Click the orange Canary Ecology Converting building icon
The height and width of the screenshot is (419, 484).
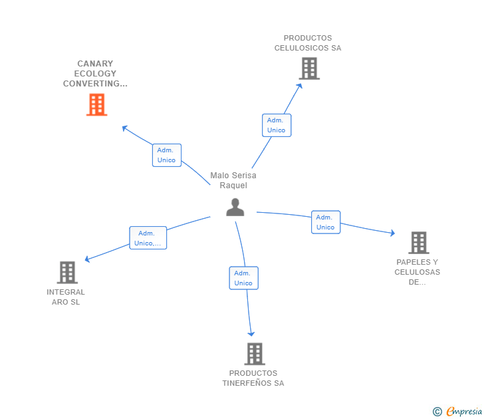pos(96,104)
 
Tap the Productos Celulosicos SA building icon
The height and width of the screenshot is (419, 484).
pos(308,69)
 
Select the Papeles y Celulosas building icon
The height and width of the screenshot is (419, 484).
pos(418,243)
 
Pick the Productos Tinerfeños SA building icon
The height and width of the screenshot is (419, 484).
pos(254,354)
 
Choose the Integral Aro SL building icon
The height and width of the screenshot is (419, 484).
pos(66,272)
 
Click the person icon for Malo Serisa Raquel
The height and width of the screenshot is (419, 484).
pos(235,208)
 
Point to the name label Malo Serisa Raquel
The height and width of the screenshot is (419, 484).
pos(233,180)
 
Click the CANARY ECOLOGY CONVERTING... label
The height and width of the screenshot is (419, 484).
pos(95,74)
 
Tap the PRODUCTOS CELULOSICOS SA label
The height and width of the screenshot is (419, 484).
pos(307,43)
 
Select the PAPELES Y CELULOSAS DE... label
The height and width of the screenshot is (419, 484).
pos(417,272)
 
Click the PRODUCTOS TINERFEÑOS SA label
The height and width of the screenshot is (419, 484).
pos(253,378)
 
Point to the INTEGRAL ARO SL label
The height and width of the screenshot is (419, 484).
pos(66,297)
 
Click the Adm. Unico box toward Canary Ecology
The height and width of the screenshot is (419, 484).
pos(166,155)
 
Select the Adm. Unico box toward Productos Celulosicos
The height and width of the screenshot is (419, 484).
pos(276,125)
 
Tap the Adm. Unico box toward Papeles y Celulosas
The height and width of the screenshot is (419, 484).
pos(325,222)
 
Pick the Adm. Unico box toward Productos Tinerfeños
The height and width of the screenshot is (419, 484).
pos(243,278)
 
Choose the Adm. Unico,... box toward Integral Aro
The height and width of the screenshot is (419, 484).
pos(147,238)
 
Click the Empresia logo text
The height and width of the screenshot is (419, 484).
pos(463,412)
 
